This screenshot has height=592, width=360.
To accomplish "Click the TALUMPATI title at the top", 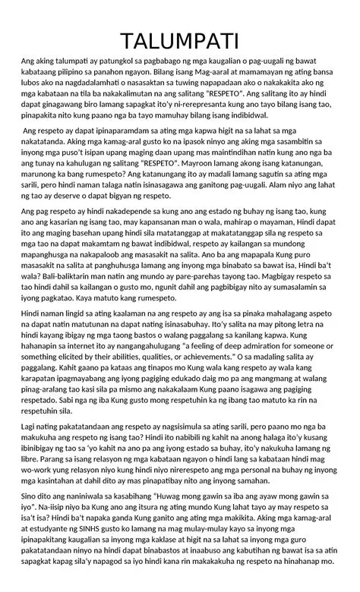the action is (180, 39).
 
